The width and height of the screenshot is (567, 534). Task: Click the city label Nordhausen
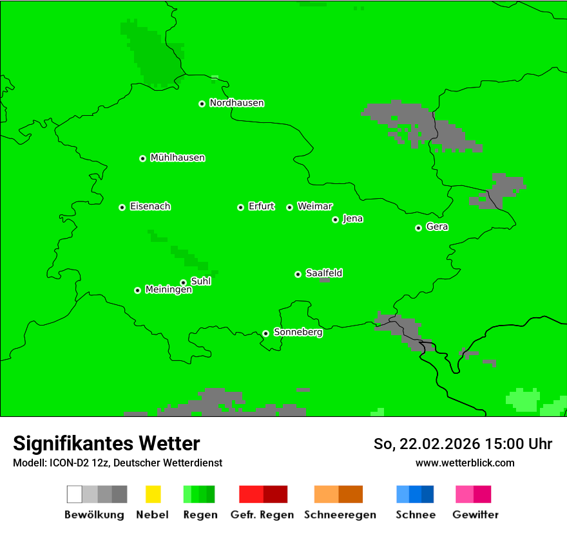236,103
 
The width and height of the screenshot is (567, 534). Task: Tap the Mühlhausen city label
177,158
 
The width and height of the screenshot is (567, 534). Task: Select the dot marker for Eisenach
122,207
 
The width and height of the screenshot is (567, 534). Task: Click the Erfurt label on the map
261,207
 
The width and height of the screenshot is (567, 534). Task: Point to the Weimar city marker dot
289,207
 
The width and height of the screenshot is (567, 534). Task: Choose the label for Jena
352,219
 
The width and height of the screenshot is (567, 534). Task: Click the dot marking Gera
418,228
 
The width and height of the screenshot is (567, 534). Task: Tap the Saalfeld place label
323,273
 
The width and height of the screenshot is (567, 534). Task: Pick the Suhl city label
200,281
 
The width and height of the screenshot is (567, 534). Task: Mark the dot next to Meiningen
137,290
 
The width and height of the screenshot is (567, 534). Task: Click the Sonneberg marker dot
265,333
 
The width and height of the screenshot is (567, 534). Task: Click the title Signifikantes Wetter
106,444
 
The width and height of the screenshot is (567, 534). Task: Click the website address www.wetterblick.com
465,463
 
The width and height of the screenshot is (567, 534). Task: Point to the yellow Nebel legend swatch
153,494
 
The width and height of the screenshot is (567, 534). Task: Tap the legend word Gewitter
475,515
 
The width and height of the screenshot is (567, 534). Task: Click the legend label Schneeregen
340,515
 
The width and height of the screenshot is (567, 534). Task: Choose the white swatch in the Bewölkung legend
75,494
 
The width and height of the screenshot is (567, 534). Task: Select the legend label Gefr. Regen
262,515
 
